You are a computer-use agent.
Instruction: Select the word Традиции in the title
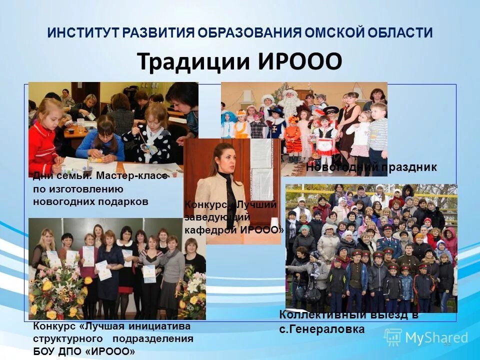193,62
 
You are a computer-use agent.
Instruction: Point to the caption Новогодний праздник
371,167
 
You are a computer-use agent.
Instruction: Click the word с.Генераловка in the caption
322,329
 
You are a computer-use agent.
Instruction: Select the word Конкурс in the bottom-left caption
54,326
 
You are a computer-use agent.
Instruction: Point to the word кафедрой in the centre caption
211,230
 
